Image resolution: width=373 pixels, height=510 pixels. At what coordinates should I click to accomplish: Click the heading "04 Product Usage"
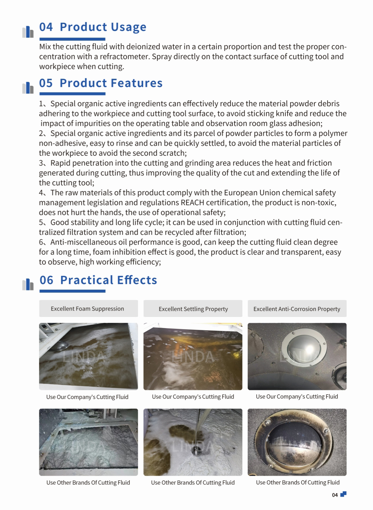click(93, 27)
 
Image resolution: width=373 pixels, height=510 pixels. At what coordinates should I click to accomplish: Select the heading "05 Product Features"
click(101, 83)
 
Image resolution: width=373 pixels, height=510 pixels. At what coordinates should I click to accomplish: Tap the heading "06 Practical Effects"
click(98, 280)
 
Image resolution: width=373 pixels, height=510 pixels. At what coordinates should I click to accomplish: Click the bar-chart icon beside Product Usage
click(28, 32)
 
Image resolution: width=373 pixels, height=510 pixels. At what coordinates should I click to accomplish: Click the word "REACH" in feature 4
click(192, 203)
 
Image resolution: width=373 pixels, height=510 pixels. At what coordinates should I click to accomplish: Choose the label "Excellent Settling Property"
click(193, 309)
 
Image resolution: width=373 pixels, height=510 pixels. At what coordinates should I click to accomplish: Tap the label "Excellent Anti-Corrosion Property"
click(297, 309)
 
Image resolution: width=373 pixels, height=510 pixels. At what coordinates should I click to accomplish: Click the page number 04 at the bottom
click(335, 495)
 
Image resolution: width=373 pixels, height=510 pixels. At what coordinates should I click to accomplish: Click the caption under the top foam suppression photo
click(87, 397)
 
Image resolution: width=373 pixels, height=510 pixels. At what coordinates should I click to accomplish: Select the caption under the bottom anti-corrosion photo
click(298, 482)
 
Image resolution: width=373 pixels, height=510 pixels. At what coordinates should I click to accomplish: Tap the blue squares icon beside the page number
click(344, 494)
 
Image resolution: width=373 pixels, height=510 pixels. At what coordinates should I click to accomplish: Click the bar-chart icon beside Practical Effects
click(28, 285)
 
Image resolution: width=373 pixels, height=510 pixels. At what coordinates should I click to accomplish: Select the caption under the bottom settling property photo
click(193, 482)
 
